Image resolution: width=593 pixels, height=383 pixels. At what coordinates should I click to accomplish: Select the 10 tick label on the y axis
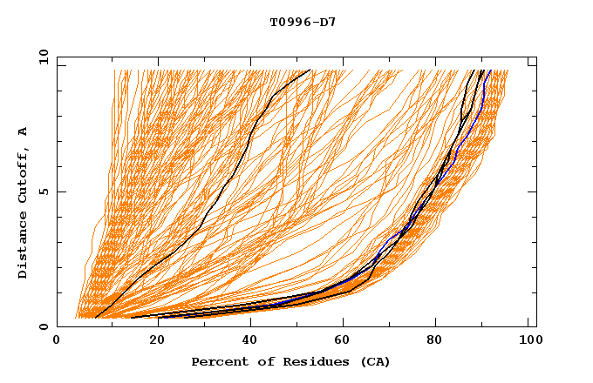pyautogui.click(x=40, y=56)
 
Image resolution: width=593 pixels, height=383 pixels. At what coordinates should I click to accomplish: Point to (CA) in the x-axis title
pyautogui.click(x=372, y=362)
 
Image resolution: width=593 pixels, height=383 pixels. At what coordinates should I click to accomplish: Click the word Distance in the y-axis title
pyautogui.click(x=24, y=247)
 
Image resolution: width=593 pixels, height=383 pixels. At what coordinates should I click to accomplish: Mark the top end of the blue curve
pyautogui.click(x=490, y=71)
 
